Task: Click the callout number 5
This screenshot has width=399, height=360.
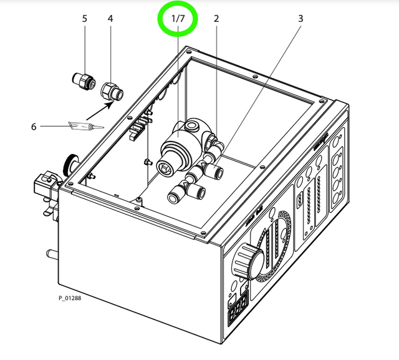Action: (85, 19)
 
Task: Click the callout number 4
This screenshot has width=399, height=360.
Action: (110, 19)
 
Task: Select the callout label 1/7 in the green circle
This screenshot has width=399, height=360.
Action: (178, 19)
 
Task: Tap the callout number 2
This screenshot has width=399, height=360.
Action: (216, 19)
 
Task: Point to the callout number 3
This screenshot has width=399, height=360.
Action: (300, 19)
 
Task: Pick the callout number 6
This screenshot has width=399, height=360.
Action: (34, 127)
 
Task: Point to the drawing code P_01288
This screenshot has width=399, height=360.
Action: (70, 298)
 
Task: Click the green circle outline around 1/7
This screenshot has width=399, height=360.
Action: (178, 6)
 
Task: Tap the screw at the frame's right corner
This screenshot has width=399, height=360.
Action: (322, 100)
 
